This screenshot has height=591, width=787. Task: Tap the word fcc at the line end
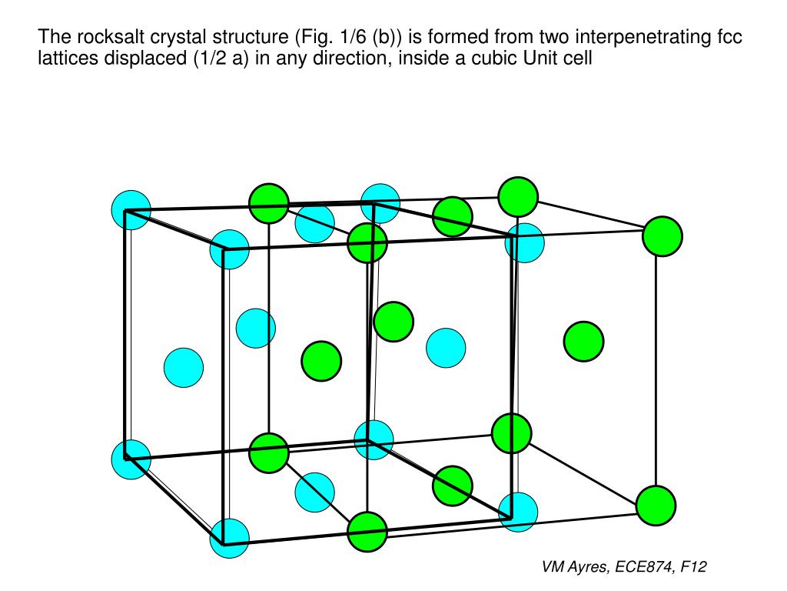(x=728, y=37)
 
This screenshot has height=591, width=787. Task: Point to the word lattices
(x=65, y=58)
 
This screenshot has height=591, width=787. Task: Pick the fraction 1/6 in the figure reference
(x=342, y=37)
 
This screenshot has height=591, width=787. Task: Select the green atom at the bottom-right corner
(x=656, y=506)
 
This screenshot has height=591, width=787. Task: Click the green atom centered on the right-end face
(x=583, y=341)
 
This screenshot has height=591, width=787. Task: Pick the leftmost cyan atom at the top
(x=131, y=209)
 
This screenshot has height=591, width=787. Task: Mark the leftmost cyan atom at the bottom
(x=131, y=459)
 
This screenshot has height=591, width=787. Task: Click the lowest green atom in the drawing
(x=367, y=532)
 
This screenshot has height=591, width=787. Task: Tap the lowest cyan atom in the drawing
(x=230, y=538)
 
